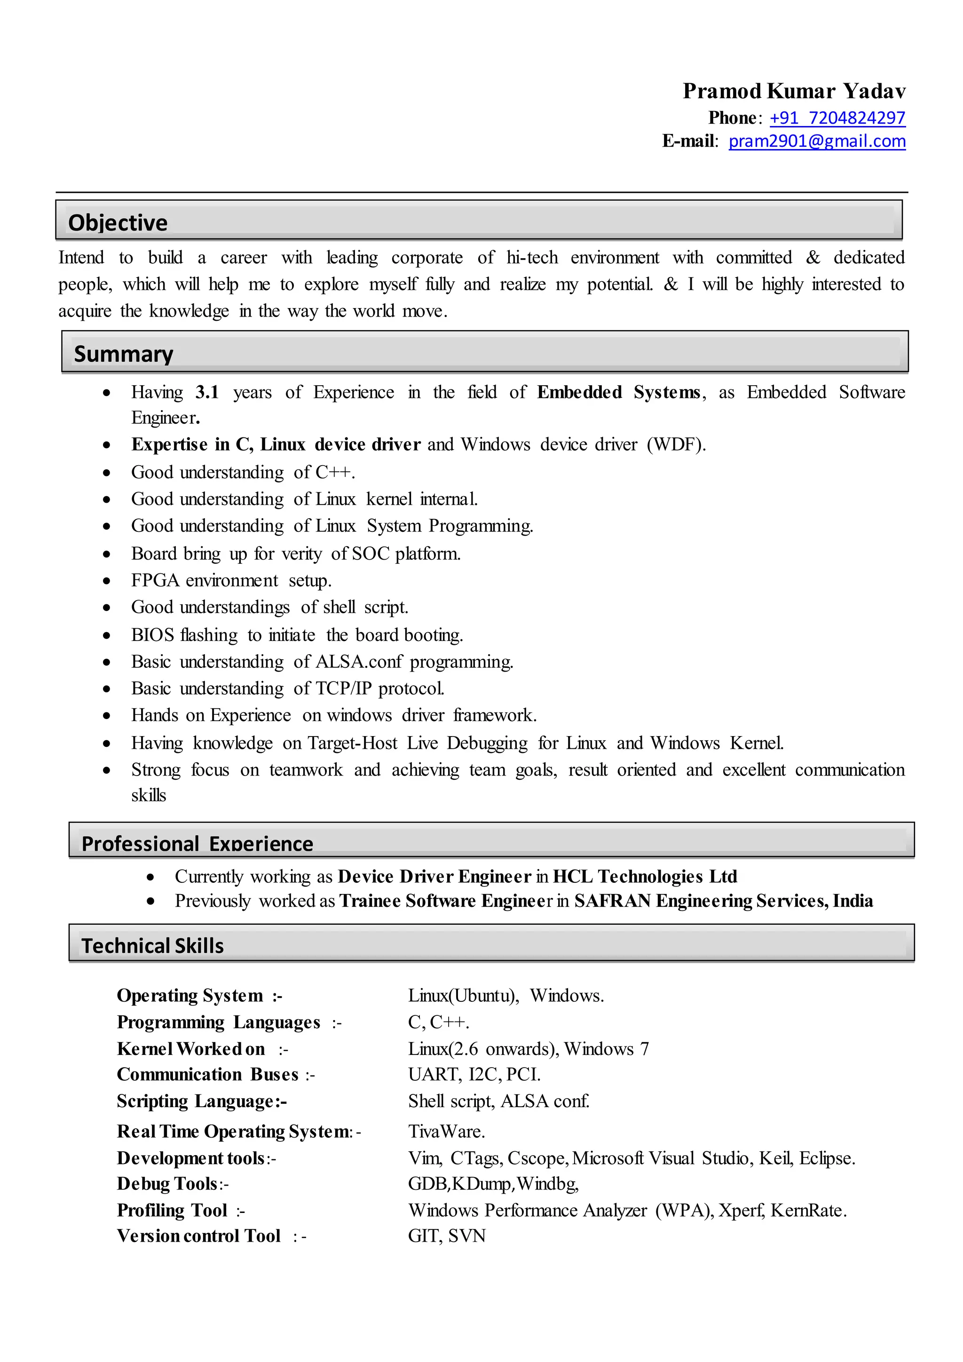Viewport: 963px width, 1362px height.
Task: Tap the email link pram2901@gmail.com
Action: click(817, 141)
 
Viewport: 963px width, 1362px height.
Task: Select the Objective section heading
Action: click(118, 222)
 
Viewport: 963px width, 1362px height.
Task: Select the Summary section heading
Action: click(123, 354)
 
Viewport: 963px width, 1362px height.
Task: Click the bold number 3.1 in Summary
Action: click(207, 392)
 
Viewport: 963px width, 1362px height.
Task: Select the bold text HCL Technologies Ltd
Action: click(645, 876)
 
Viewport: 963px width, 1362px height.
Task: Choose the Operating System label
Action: click(190, 996)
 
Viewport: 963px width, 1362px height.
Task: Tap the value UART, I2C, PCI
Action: click(474, 1074)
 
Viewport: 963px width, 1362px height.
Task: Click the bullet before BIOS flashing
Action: click(107, 635)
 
